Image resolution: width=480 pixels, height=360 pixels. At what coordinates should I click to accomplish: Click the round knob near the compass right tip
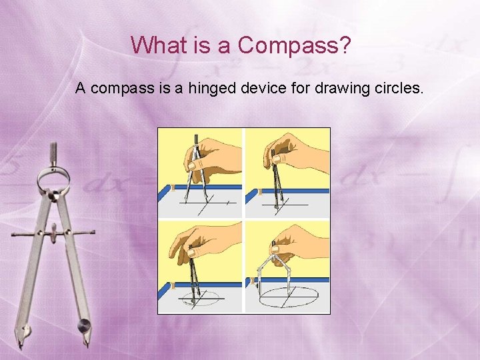pos(84,325)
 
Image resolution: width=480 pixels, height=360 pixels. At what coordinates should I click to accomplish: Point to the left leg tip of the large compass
pos(20,342)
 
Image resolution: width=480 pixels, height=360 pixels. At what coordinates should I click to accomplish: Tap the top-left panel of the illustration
pos(200,173)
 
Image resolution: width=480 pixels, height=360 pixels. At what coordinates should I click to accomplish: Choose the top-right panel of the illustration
pos(287,173)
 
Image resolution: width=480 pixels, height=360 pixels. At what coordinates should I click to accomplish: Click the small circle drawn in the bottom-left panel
pos(201,297)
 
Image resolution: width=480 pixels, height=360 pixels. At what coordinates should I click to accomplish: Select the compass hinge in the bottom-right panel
pos(273,243)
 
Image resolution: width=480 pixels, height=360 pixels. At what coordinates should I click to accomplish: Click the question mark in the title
pos(344,45)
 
